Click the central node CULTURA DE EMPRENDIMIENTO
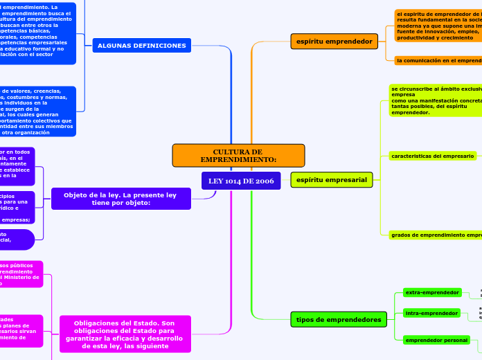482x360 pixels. [x=238, y=156]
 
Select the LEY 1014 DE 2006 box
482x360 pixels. [x=240, y=181]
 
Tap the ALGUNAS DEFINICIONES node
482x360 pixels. [x=142, y=46]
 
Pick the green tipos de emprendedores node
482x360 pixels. [x=339, y=319]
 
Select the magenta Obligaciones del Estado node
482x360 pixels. [x=125, y=334]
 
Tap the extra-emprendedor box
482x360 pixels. [x=432, y=293]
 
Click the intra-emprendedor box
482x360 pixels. [x=432, y=314]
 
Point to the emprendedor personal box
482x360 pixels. [x=436, y=340]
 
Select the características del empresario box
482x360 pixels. [x=433, y=156]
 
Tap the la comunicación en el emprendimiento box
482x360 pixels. [x=438, y=61]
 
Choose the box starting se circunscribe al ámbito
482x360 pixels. [x=436, y=101]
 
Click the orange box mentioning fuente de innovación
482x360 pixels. [x=438, y=26]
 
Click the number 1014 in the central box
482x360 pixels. [x=236, y=181]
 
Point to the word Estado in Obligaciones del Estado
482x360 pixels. [x=161, y=323]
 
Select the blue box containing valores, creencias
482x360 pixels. [x=38, y=111]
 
